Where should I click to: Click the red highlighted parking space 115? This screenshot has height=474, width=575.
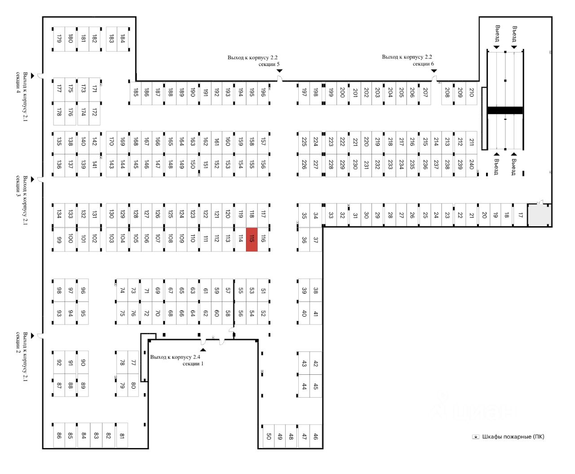[252, 239]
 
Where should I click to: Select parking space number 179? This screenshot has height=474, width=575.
[59, 39]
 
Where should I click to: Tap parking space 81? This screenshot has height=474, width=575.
[122, 435]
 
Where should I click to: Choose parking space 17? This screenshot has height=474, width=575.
[520, 215]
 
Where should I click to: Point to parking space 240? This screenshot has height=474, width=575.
[471, 165]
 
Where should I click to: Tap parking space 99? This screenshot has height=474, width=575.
[59, 239]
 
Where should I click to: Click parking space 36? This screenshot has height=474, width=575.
[304, 240]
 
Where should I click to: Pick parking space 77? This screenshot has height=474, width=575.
[133, 363]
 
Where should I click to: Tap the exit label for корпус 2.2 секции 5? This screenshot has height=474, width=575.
[253, 61]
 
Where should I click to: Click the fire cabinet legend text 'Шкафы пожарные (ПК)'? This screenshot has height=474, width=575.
[513, 437]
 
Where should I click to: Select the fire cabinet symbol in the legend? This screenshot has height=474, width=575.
[475, 437]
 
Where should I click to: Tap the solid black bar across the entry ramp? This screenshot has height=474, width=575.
[505, 110]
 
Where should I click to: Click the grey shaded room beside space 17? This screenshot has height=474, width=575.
[539, 215]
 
